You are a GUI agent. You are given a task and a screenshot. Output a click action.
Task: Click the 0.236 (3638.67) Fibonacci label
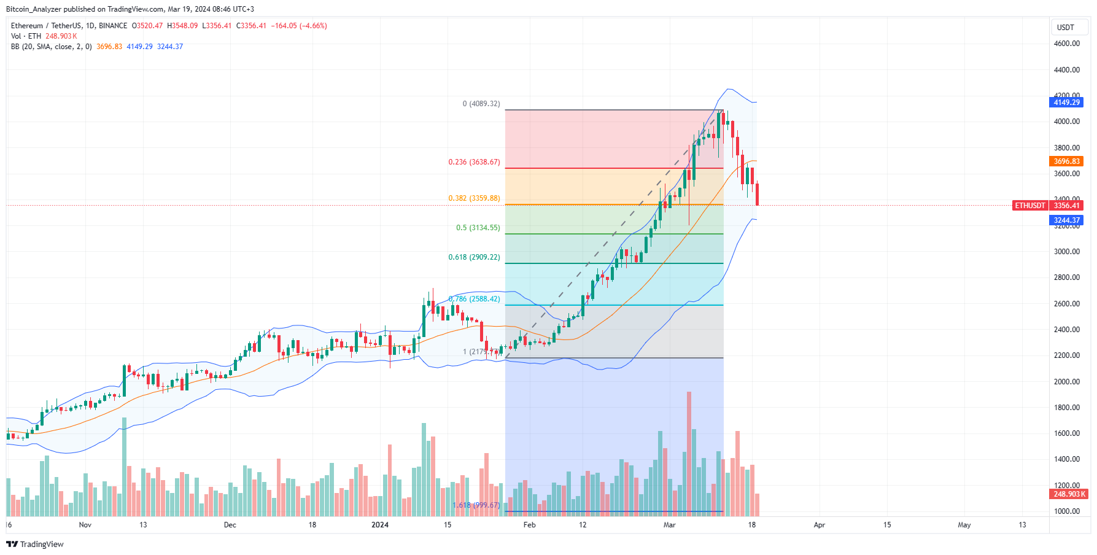click(474, 162)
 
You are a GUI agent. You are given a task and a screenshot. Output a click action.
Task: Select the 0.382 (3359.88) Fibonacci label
click(474, 198)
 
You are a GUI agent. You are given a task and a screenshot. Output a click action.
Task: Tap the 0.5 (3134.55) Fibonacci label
click(478, 228)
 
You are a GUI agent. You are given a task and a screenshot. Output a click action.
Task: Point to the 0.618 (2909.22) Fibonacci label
click(474, 257)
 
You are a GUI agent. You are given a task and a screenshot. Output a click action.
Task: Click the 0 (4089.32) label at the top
click(481, 104)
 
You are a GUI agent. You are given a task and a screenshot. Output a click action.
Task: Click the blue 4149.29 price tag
click(1066, 103)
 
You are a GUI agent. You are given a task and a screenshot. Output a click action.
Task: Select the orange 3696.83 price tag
click(1066, 161)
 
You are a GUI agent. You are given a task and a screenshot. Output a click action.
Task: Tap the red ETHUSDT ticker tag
click(1029, 206)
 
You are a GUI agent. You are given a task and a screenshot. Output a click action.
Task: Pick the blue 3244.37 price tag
click(1066, 220)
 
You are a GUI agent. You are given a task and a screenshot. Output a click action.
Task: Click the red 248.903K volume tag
click(1068, 494)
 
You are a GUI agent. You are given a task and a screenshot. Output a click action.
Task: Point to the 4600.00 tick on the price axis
click(1066, 44)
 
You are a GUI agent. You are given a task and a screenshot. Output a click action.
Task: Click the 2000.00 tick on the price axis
click(1066, 381)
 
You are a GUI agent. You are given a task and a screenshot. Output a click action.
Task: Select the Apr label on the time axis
click(819, 525)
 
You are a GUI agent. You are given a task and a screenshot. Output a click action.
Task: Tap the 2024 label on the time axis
click(380, 525)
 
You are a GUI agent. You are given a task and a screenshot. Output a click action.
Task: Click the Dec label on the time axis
click(230, 525)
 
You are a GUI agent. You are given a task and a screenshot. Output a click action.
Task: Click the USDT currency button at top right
click(1066, 28)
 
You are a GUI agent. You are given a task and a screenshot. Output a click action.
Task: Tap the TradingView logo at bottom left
click(35, 544)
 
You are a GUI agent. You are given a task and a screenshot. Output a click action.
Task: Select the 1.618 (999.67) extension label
click(476, 505)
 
